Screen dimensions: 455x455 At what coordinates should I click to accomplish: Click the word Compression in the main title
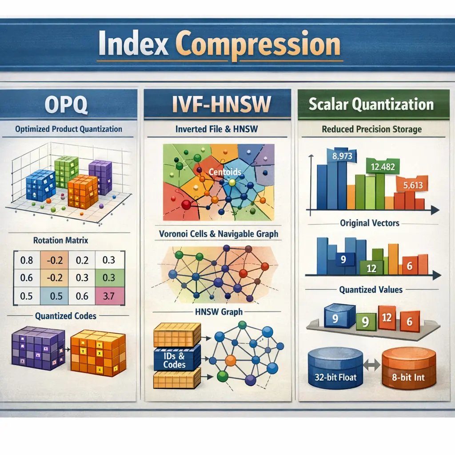[258, 44]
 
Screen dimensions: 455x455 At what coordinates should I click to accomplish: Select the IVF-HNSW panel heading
[221, 104]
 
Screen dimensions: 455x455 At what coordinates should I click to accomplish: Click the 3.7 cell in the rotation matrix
[109, 295]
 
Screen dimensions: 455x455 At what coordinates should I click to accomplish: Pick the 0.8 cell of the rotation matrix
[26, 260]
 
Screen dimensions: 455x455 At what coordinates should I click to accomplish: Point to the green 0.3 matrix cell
[109, 278]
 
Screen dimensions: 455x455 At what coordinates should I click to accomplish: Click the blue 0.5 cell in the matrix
[56, 295]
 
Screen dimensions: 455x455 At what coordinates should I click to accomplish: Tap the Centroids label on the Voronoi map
[225, 172]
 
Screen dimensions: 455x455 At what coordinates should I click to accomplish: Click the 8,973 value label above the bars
[342, 156]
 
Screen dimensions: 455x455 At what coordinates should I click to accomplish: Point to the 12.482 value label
[383, 167]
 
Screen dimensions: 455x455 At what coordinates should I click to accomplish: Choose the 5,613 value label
[413, 185]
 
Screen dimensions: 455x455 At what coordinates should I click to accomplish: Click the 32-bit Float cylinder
[335, 368]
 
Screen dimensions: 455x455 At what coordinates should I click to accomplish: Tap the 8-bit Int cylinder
[409, 369]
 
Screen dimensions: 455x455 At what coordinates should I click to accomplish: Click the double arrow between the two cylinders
[372, 365]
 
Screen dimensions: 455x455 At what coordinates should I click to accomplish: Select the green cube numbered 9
[366, 322]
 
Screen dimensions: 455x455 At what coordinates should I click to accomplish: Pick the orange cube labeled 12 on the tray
[387, 318]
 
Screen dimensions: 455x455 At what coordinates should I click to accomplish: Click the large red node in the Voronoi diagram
[186, 205]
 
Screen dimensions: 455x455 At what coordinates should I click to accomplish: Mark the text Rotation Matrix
[60, 240]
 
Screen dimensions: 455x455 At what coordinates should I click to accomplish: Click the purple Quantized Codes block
[38, 348]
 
